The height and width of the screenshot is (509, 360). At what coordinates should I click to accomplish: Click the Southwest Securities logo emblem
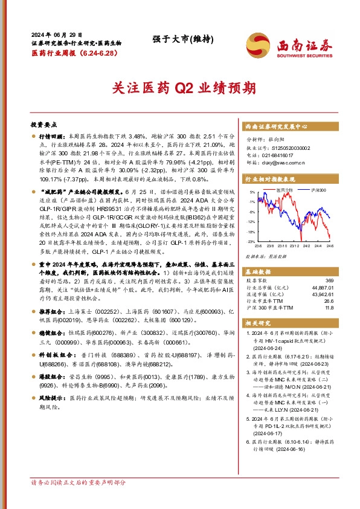point(259,44)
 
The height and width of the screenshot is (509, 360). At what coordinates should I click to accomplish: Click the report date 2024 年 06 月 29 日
point(56,35)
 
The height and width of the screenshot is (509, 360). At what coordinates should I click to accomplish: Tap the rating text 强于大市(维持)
point(180,39)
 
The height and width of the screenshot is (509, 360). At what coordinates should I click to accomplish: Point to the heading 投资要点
point(43,123)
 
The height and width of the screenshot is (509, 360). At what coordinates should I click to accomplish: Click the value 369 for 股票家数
point(346,263)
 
